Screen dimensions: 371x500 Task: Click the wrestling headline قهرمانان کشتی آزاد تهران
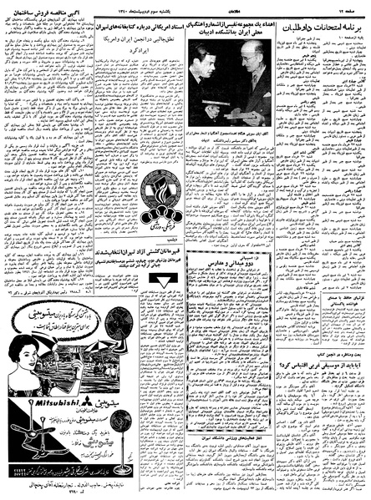pyautogui.click(x=164, y=255)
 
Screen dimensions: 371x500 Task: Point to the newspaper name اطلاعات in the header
pyautogui.click(x=225, y=6)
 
